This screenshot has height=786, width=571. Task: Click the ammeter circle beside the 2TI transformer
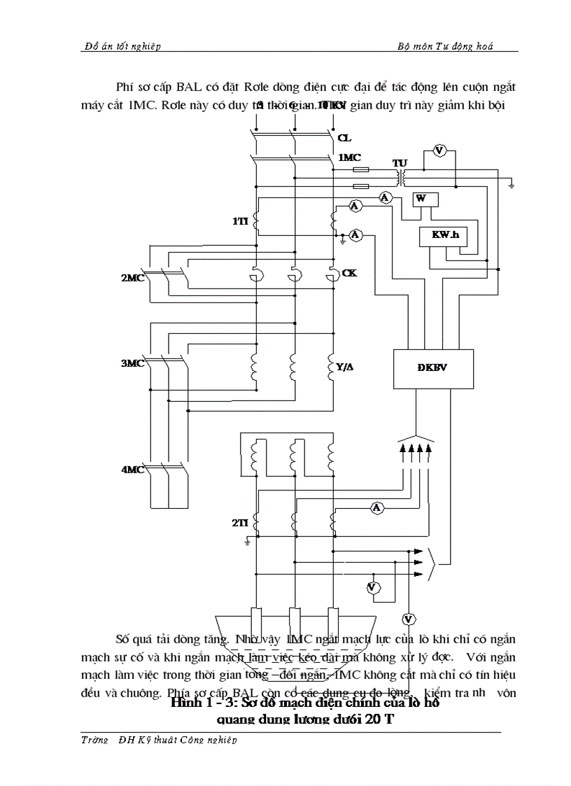[377, 507]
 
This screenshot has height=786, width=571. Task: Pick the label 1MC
[349, 158]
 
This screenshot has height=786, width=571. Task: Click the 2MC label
[132, 277]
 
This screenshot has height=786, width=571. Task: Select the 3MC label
[132, 363]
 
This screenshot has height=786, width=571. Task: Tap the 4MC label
[132, 470]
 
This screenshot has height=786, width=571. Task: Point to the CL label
[344, 138]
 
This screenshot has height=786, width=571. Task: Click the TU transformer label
[400, 163]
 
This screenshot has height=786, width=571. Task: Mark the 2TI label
[240, 523]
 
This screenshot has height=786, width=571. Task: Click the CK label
[349, 272]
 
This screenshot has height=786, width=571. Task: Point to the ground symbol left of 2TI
[247, 541]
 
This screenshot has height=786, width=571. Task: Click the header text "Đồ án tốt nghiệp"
[122, 46]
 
